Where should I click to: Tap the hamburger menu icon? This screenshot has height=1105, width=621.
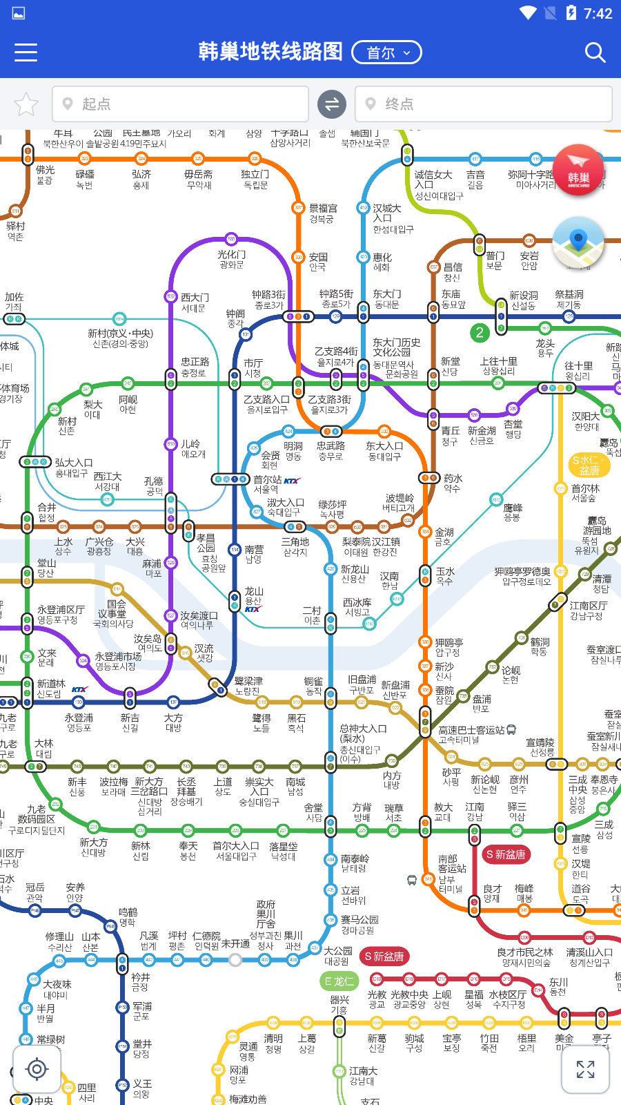point(26,52)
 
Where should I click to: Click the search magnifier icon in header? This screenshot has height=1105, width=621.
point(595,52)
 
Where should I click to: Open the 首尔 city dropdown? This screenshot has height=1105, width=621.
point(386,52)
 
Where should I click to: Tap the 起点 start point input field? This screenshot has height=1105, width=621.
point(180,104)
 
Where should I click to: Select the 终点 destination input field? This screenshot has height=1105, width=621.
point(483,104)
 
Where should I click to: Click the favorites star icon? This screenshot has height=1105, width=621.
point(26,104)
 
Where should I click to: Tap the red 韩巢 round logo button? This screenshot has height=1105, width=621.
point(578,171)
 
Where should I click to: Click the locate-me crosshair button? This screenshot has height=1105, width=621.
point(37,1069)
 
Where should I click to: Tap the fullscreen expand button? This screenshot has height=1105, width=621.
point(585,1069)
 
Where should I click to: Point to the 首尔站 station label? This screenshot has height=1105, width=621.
point(268,479)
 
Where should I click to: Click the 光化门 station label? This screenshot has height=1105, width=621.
point(231,255)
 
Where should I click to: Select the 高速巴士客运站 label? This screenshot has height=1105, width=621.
point(471,730)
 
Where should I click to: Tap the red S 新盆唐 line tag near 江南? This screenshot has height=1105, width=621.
point(506,854)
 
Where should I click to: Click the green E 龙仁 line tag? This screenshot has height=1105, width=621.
point(339,981)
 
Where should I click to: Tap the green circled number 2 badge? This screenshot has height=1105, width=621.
point(479,333)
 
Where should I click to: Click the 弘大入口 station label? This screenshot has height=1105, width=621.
point(73,463)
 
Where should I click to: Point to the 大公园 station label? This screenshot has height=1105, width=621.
point(338,951)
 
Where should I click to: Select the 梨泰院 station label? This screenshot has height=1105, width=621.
point(358,542)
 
